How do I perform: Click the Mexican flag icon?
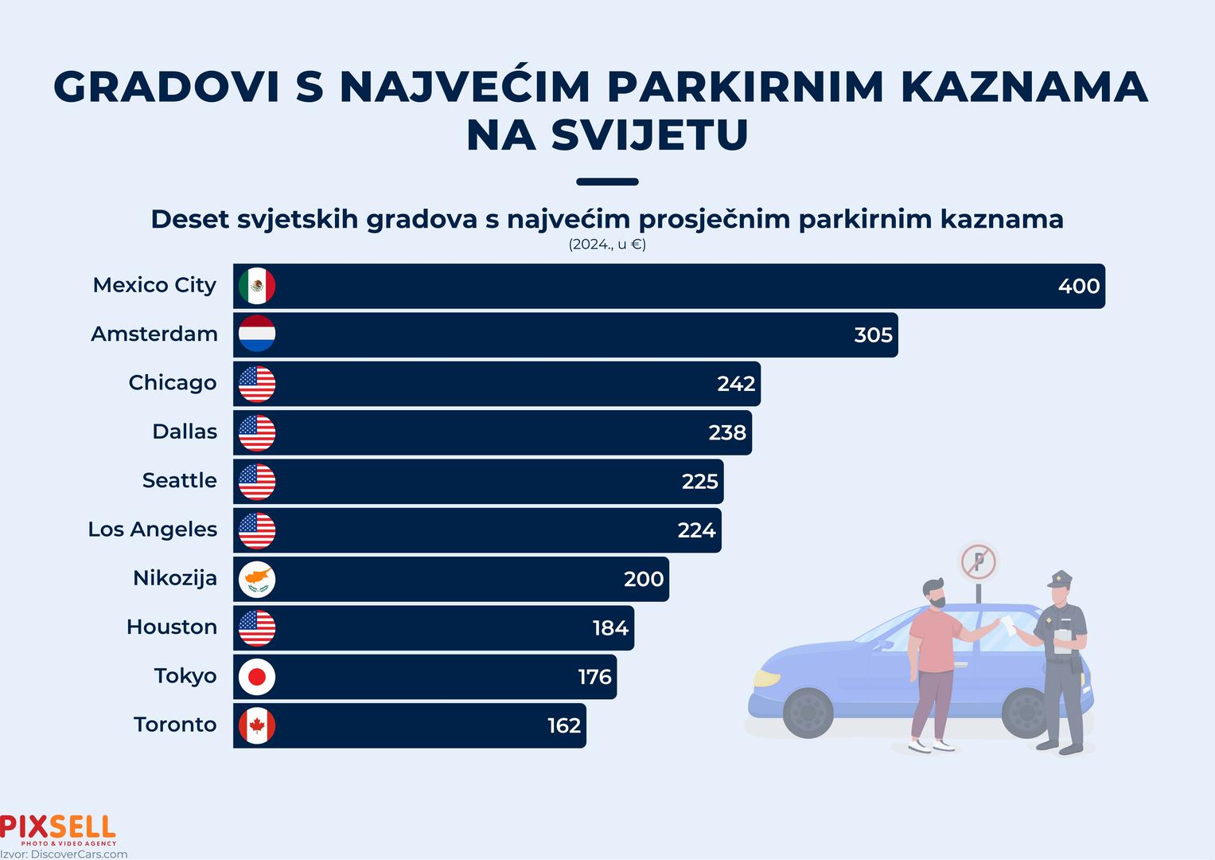(257, 286)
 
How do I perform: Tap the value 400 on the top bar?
(1078, 287)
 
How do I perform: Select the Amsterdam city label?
(154, 334)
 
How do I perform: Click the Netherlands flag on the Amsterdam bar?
(257, 334)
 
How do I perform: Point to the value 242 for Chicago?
(736, 384)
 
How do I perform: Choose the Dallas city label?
(185, 432)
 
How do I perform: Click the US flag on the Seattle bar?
(257, 481)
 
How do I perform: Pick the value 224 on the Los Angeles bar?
(696, 530)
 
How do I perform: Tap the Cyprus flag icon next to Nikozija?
(257, 579)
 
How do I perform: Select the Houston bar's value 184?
(610, 628)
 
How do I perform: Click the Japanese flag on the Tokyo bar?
(257, 677)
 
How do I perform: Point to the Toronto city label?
(175, 725)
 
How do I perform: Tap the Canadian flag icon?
(257, 725)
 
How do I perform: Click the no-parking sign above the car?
(979, 562)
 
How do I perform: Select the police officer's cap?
(1060, 580)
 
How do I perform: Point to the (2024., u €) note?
(607, 244)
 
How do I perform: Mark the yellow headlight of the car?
(767, 678)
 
